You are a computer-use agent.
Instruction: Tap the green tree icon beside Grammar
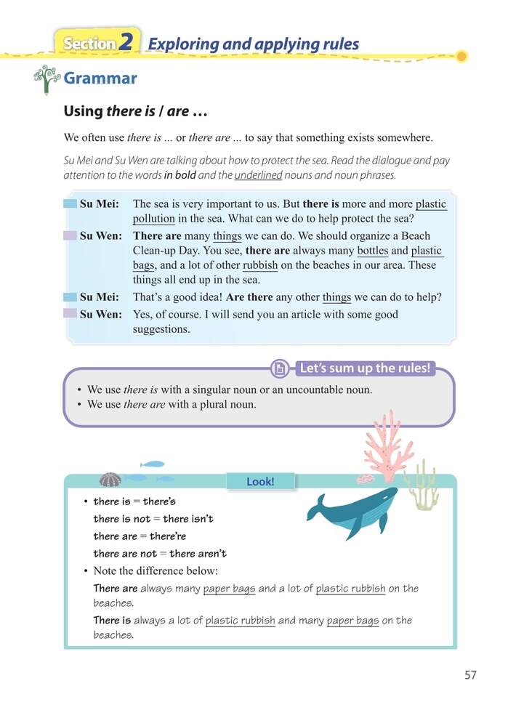[x=47, y=78]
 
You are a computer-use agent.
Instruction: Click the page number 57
[x=470, y=675]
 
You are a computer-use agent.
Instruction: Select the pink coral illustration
[x=388, y=447]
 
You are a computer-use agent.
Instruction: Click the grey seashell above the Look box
[x=110, y=480]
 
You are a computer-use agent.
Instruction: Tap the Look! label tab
[x=260, y=481]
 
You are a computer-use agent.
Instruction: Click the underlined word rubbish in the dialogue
[x=259, y=265]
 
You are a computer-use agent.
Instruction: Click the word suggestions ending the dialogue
[x=161, y=329]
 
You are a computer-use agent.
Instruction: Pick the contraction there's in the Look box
[x=159, y=501]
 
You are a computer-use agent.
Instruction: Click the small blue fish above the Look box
[x=153, y=464]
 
